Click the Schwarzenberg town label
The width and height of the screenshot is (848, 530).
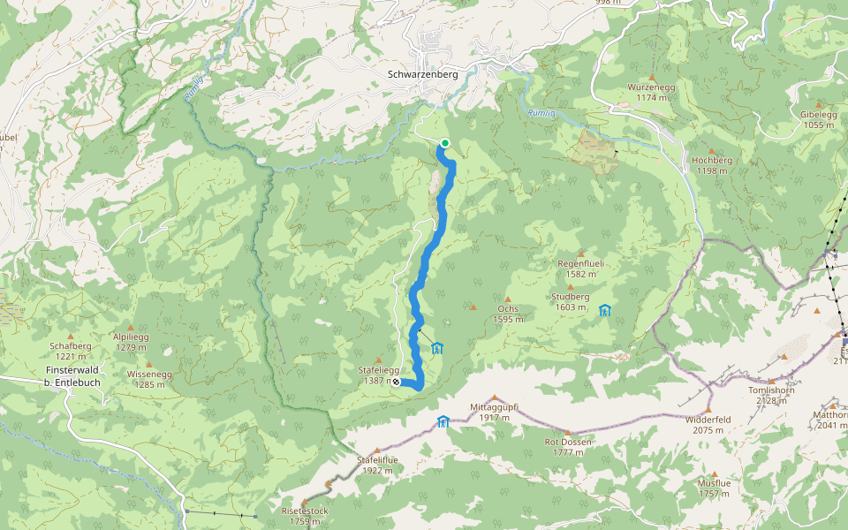(x=422, y=75)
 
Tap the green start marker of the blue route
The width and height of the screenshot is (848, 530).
(x=445, y=143)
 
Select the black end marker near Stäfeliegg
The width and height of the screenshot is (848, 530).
(x=396, y=382)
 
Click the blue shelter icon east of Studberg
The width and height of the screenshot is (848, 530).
(x=605, y=310)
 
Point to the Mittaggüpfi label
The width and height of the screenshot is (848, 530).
(x=494, y=412)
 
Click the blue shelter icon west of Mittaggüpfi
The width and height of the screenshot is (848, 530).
(x=443, y=421)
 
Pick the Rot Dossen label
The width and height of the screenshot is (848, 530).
(x=568, y=446)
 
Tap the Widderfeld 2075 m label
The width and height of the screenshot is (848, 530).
(x=708, y=425)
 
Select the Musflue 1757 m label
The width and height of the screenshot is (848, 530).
(x=714, y=488)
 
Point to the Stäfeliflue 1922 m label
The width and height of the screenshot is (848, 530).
(x=377, y=465)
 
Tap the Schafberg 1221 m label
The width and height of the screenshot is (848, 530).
(x=71, y=351)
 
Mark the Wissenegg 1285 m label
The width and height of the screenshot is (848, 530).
(x=149, y=379)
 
